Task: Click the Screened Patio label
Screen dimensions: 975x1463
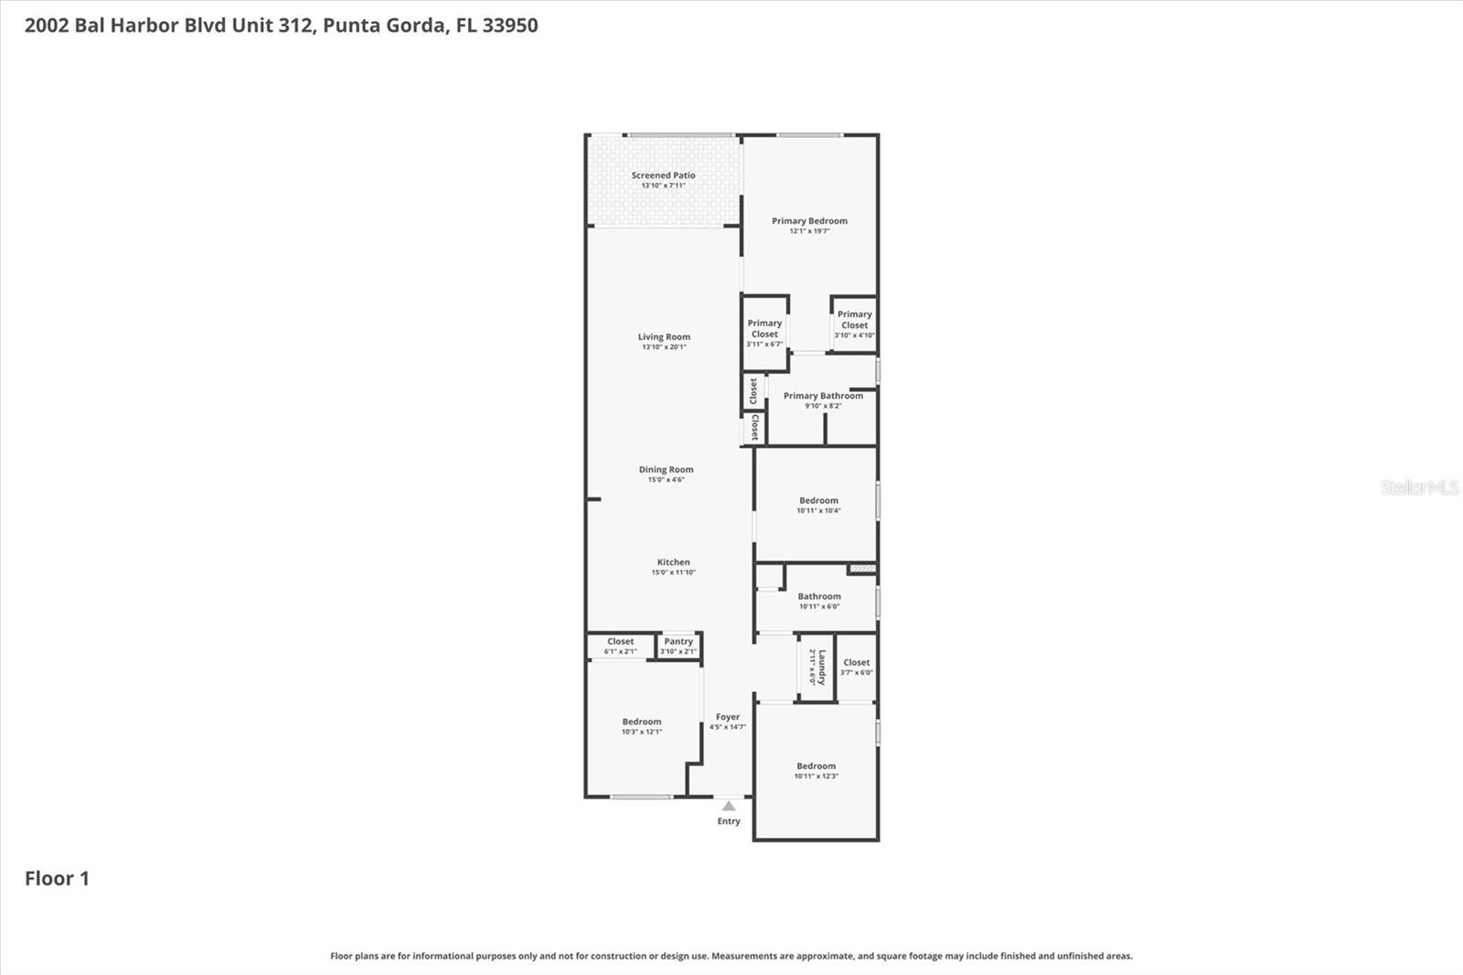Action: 663,176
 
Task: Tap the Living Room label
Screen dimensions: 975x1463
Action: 664,337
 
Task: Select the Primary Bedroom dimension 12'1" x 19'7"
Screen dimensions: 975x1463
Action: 809,231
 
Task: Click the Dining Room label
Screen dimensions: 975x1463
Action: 666,470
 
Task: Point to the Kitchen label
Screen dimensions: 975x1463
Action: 673,562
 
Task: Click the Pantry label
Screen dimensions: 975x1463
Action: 678,642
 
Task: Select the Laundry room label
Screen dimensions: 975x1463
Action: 821,668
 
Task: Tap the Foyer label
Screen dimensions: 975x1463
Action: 728,718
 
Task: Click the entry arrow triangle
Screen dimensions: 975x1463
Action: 729,806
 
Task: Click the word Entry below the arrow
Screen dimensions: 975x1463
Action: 729,821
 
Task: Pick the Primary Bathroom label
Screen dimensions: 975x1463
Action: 823,396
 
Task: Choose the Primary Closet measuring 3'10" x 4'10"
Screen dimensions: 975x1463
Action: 854,324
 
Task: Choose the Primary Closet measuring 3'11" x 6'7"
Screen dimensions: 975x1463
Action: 764,333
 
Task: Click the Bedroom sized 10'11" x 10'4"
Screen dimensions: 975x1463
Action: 818,505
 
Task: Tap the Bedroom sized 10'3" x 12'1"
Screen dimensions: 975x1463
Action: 642,726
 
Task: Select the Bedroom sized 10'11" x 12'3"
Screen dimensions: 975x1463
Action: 816,770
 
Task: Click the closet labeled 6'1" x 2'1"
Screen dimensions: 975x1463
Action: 620,646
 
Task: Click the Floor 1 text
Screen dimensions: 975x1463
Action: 57,879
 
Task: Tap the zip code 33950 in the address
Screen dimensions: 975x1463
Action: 510,26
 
